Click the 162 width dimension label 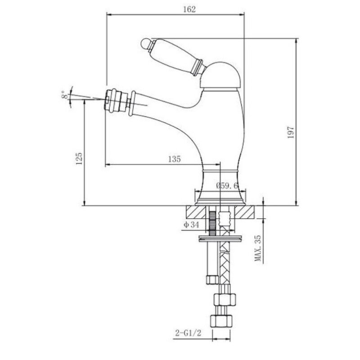pyautogui.click(x=189, y=9)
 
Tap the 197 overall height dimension pyautogui.click(x=291, y=132)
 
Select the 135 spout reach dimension pyautogui.click(x=175, y=159)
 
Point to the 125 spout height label pyautogui.click(x=79, y=158)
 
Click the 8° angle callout pyautogui.click(x=65, y=95)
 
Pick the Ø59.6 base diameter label pyautogui.click(x=227, y=185)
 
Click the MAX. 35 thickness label pyautogui.click(x=258, y=248)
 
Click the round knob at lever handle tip pyautogui.click(x=145, y=44)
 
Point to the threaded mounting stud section pyautogui.click(x=212, y=223)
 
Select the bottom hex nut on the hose pyautogui.click(x=221, y=321)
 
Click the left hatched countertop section pyautogui.click(x=196, y=212)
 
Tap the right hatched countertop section pyautogui.click(x=245, y=212)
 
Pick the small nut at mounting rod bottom pyautogui.click(x=211, y=280)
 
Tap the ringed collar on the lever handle pyautogui.click(x=198, y=67)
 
